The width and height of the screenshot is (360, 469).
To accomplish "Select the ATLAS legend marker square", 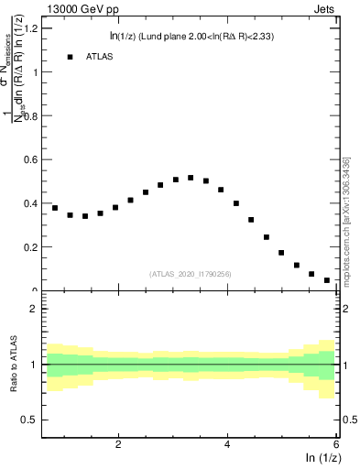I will [70, 57].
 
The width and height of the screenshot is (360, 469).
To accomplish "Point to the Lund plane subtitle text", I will [196, 36].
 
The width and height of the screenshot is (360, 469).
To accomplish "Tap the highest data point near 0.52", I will [191, 178].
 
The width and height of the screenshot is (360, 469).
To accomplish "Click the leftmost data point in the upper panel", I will [55, 208].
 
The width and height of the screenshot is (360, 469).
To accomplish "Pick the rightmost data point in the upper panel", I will [327, 280].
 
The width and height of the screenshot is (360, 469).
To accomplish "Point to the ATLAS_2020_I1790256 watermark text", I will [191, 273].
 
